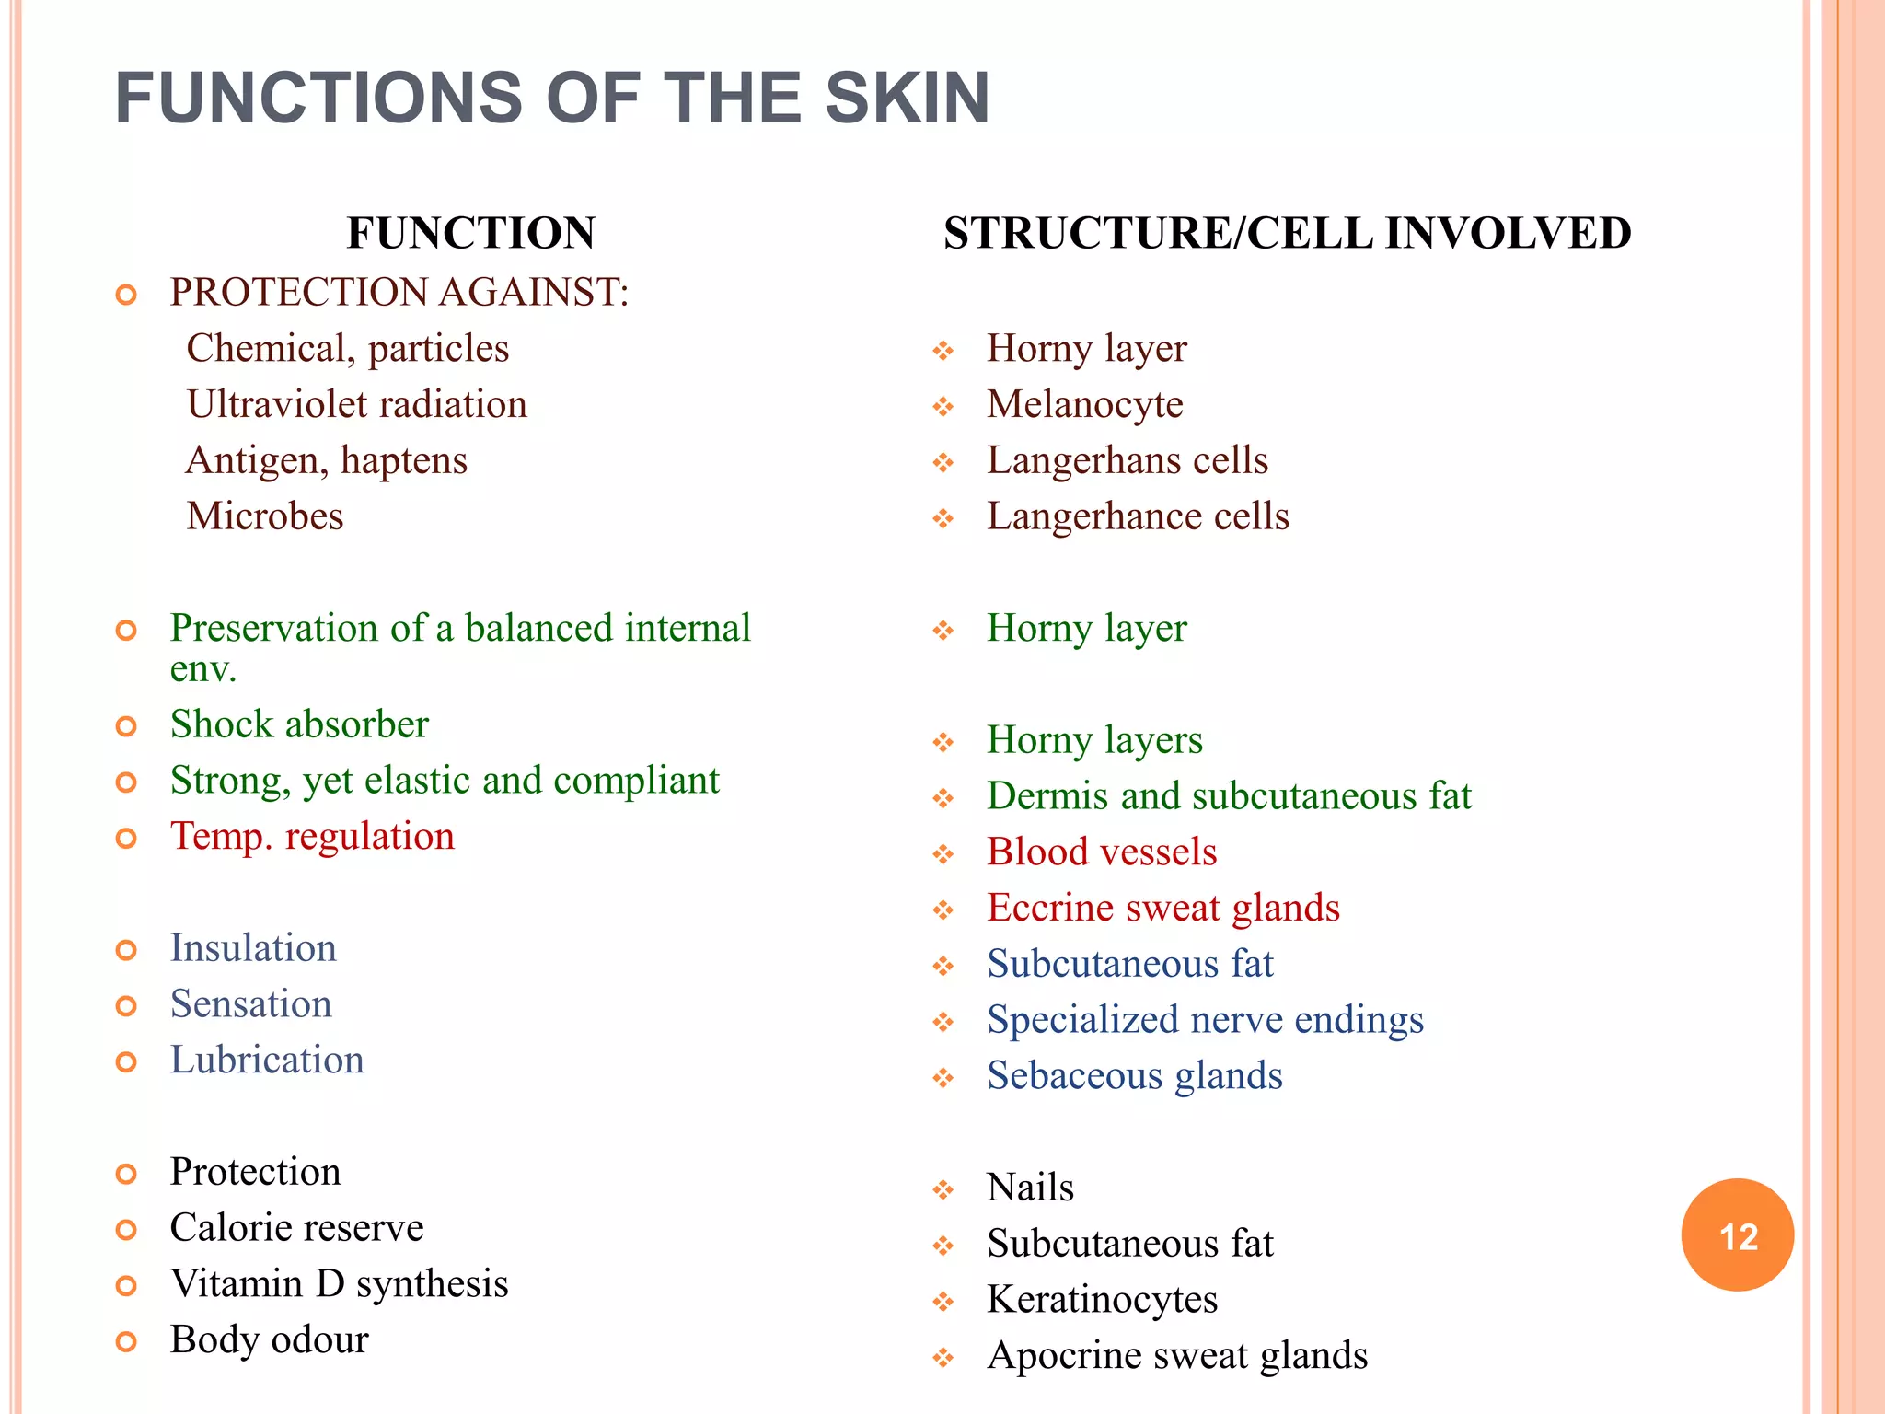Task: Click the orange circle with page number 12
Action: point(1737,1234)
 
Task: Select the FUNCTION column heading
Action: point(470,233)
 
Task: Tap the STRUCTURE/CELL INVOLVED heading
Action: point(1287,233)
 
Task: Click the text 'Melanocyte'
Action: point(1084,405)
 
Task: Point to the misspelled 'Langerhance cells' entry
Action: point(1138,516)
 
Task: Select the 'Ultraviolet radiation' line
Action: point(357,405)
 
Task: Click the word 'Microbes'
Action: point(265,516)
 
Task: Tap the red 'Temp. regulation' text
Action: point(312,837)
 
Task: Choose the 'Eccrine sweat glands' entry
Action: point(1163,909)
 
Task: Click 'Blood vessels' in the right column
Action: point(1102,852)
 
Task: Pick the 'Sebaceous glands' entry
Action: point(1134,1076)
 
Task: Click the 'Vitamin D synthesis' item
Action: point(339,1284)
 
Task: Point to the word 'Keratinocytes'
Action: point(1102,1300)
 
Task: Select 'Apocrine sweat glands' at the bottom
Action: point(1177,1356)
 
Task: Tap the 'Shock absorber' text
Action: point(299,724)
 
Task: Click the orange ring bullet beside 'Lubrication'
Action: point(126,1062)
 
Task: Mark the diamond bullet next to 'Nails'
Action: point(943,1190)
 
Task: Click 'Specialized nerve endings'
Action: point(1205,1020)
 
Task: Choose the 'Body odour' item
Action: point(269,1340)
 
